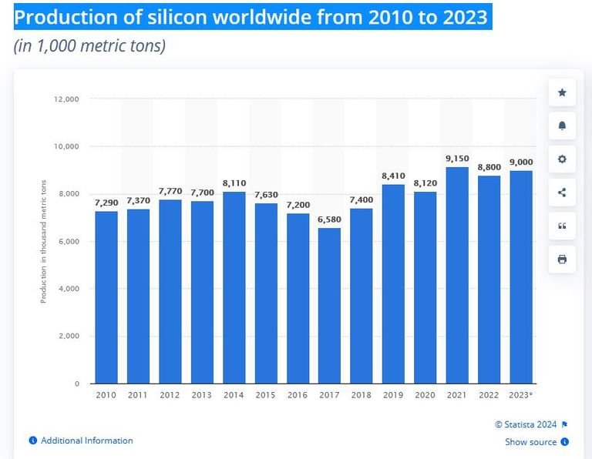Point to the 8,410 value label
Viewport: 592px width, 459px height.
393,176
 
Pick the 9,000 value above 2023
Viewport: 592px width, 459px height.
521,162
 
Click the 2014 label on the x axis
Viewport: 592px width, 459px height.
234,395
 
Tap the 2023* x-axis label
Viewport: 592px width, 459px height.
521,395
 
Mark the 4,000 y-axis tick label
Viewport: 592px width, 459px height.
69,289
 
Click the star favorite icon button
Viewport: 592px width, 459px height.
562,93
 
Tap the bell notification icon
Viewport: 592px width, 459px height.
562,126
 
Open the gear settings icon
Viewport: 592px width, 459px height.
562,159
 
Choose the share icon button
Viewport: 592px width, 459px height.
562,193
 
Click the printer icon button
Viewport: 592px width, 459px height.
562,260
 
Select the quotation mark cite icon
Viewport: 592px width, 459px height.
562,226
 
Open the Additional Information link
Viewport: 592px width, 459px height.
86,441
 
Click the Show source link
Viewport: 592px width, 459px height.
530,442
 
